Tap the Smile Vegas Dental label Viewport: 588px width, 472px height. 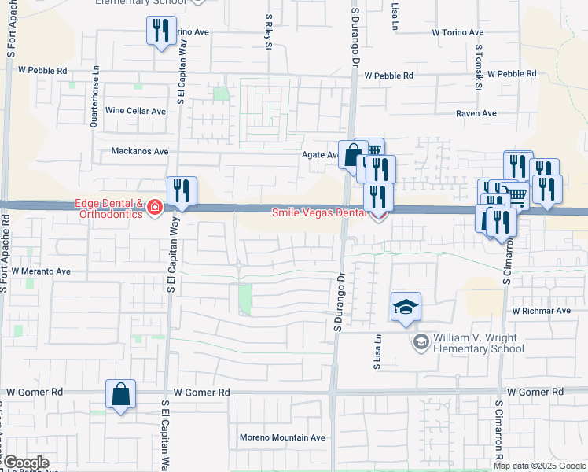pos(318,212)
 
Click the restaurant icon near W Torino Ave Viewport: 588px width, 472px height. pos(161,31)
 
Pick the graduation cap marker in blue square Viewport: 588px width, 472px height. pos(406,307)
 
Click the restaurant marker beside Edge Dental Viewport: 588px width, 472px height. pos(182,190)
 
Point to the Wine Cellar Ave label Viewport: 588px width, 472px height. pos(136,111)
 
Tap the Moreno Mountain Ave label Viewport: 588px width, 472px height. pos(282,437)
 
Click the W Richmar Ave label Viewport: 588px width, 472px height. pos(541,311)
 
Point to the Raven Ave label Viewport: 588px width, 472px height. pos(477,113)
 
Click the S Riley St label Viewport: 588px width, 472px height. pos(268,31)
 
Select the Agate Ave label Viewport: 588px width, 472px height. pos(319,155)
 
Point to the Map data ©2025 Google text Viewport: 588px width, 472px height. pos(540,466)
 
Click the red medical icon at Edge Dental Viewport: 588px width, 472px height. pos(155,208)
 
